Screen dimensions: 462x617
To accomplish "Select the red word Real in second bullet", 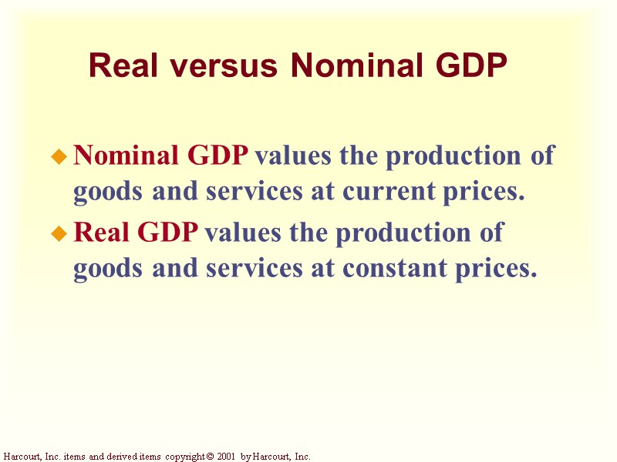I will tap(97, 233).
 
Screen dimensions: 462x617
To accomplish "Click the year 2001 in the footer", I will tap(224, 457).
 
